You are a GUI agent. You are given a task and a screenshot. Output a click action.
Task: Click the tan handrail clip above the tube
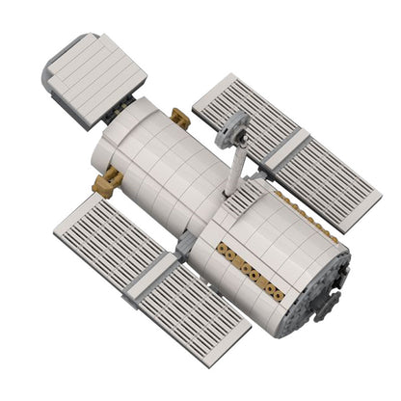click(178, 117)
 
